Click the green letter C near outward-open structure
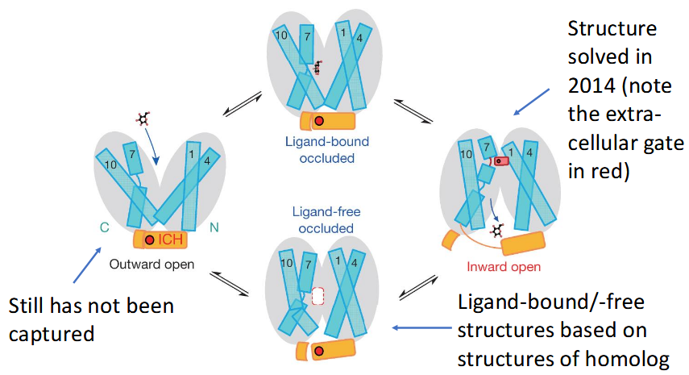point(104,227)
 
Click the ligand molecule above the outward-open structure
point(143,119)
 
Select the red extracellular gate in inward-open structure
point(501,161)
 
